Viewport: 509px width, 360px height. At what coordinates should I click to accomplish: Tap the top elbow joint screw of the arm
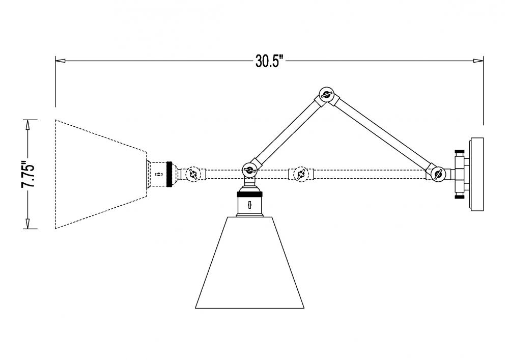click(x=326, y=95)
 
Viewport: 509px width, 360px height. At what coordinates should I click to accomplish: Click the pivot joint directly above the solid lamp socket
click(x=249, y=169)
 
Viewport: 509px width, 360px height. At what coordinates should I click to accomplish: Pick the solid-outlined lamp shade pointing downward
click(x=249, y=262)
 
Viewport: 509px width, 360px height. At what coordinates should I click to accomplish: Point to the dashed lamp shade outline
click(x=101, y=174)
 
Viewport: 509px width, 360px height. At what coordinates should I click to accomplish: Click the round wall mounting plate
click(x=476, y=174)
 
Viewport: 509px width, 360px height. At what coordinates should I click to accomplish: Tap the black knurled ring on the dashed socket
click(x=169, y=174)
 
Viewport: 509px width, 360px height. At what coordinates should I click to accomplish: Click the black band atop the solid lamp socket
click(x=249, y=195)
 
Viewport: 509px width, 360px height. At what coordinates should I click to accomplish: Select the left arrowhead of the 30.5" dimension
click(x=61, y=61)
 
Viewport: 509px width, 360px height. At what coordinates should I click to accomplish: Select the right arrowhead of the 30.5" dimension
click(x=478, y=61)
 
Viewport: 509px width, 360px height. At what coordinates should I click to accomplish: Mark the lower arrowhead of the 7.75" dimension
click(x=27, y=224)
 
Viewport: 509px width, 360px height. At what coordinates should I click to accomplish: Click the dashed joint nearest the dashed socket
click(x=193, y=174)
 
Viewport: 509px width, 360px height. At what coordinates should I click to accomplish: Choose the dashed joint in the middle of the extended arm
click(x=301, y=174)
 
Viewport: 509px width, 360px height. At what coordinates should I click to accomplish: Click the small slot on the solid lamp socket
click(x=249, y=205)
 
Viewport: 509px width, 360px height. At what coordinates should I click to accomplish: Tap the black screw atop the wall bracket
click(x=460, y=152)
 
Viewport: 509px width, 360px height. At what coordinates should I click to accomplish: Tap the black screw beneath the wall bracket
click(x=460, y=197)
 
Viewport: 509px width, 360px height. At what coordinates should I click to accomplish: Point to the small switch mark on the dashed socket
click(x=159, y=174)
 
